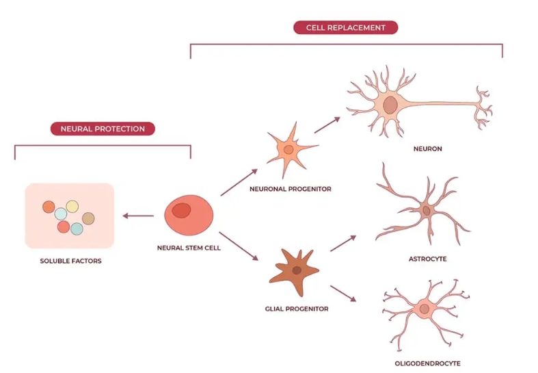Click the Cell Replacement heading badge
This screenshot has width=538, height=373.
pos(345,27)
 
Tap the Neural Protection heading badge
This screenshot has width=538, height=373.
pos(103,129)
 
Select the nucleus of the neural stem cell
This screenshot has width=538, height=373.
pos(181,210)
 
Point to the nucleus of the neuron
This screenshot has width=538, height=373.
pos(390,105)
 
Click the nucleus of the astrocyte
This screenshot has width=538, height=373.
pos(427,210)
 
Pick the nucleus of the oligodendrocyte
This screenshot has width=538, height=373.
pos(425,309)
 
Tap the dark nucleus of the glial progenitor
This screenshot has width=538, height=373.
pos(297,270)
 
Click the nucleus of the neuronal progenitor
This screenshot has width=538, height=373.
pos(288,149)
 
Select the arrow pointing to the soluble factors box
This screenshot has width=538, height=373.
pos(139,217)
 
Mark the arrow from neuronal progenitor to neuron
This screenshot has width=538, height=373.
pos(327,125)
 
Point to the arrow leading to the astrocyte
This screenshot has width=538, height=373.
pos(343,243)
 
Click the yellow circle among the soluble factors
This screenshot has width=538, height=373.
pos(72,206)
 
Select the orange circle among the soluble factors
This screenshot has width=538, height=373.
pos(49,207)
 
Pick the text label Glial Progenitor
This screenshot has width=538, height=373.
pos(297,309)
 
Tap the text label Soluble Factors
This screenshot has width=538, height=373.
pos(70,261)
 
